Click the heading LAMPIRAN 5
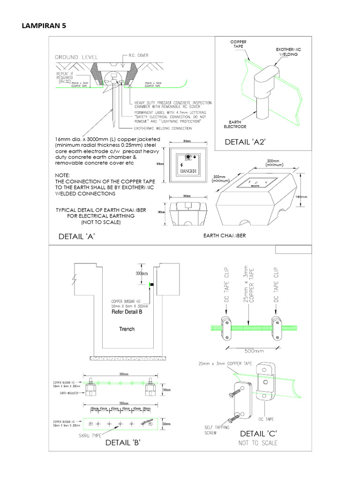tap(44, 26)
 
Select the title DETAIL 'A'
tap(77, 237)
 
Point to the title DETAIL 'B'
tap(123, 442)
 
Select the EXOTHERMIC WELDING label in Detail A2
tap(288, 52)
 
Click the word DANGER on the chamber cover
tap(187, 172)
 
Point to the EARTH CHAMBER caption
tap(225, 235)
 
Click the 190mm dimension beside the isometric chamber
tap(301, 197)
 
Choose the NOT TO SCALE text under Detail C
tap(258, 443)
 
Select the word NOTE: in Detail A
tap(62, 175)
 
